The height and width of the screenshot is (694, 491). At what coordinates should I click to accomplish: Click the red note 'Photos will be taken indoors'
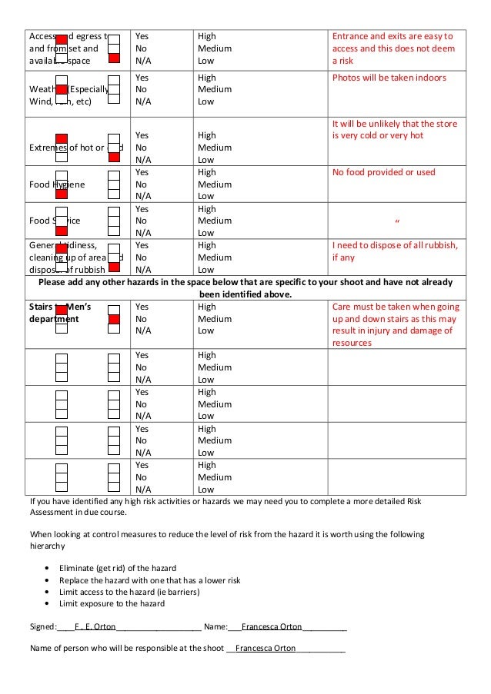click(389, 78)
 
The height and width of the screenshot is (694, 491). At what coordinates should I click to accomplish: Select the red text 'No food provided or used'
click(383, 173)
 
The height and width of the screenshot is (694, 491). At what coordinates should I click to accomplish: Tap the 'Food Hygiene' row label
click(57, 184)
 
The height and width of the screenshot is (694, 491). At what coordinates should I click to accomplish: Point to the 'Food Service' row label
click(55, 221)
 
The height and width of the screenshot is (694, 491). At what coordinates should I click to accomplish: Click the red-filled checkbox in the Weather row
click(62, 90)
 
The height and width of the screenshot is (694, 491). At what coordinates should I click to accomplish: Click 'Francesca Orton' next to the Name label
click(272, 626)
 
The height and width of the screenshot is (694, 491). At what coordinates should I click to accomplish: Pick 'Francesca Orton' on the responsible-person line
click(266, 648)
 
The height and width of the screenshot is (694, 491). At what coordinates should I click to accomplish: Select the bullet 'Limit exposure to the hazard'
click(112, 603)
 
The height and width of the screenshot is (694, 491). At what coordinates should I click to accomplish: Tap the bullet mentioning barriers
click(129, 592)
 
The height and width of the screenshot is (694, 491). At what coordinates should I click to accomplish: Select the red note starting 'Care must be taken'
click(394, 324)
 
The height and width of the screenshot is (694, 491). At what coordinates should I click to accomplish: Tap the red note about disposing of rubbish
click(394, 251)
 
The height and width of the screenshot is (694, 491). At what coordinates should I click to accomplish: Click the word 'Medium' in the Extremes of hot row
click(214, 148)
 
